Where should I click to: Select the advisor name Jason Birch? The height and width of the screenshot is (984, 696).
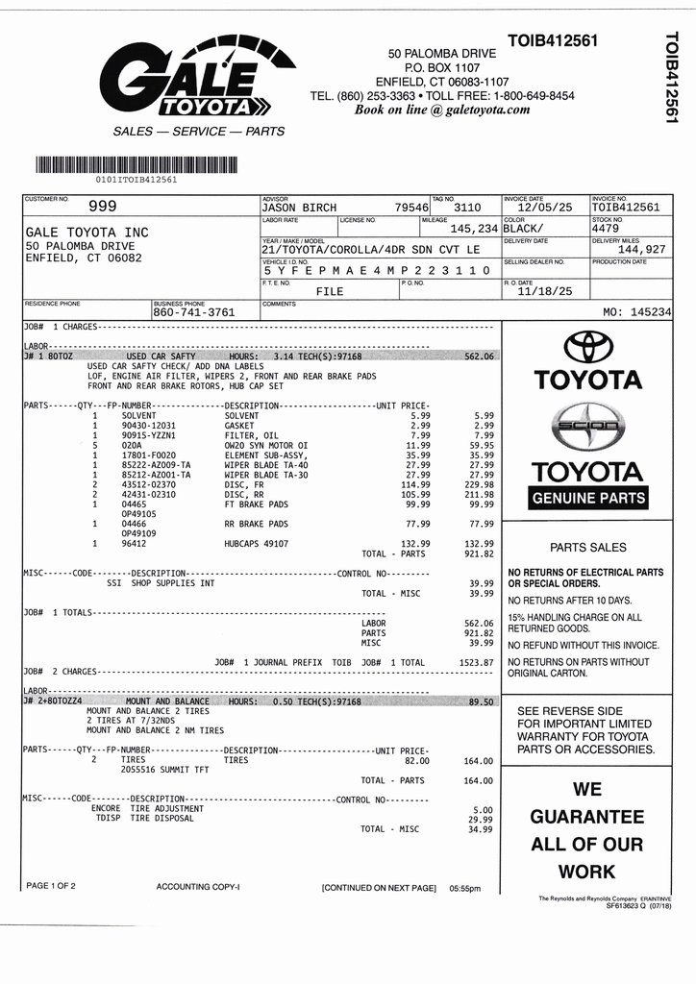pyautogui.click(x=299, y=208)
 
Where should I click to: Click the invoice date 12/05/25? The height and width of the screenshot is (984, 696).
pyautogui.click(x=544, y=208)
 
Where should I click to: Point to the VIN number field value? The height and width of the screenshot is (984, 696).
pyautogui.click(x=377, y=271)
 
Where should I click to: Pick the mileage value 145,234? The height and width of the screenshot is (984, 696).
pyautogui.click(x=474, y=229)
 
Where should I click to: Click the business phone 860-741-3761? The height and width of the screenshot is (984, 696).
pyautogui.click(x=193, y=312)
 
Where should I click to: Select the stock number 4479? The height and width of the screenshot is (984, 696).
pyautogui.click(x=607, y=229)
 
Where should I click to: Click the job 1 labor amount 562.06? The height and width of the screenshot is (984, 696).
pyautogui.click(x=478, y=356)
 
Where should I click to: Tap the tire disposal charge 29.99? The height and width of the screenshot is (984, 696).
pyautogui.click(x=480, y=819)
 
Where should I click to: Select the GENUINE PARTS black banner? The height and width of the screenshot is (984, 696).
pyautogui.click(x=587, y=499)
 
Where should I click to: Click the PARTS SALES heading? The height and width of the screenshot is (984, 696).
pyautogui.click(x=587, y=547)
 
